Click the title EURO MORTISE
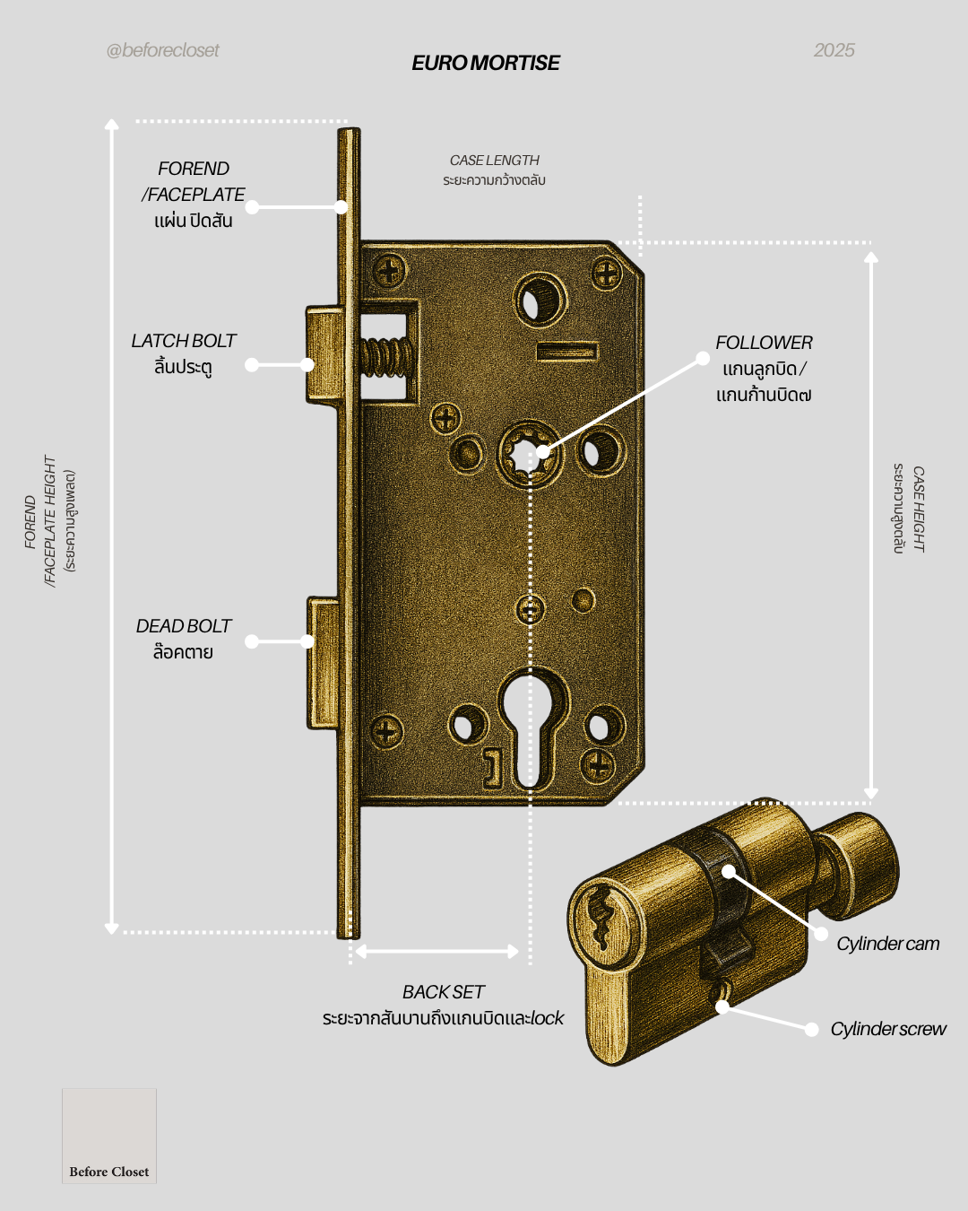(x=486, y=63)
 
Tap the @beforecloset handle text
(x=162, y=50)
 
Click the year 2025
(x=834, y=50)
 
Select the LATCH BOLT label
(x=183, y=342)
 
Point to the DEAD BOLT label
(x=183, y=626)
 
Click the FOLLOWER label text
(x=764, y=343)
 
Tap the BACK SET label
(x=443, y=992)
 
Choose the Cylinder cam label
(x=887, y=944)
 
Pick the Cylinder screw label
(x=887, y=1029)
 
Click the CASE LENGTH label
(x=494, y=161)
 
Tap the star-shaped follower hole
(x=529, y=451)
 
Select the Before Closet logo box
(x=109, y=1136)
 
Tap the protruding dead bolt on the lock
(x=323, y=664)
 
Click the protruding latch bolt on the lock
(x=324, y=354)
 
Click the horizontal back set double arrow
(x=436, y=951)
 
